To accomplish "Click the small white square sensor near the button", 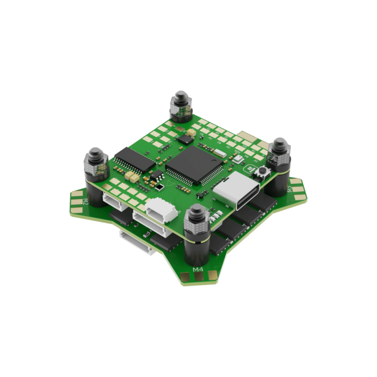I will [x=191, y=131].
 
